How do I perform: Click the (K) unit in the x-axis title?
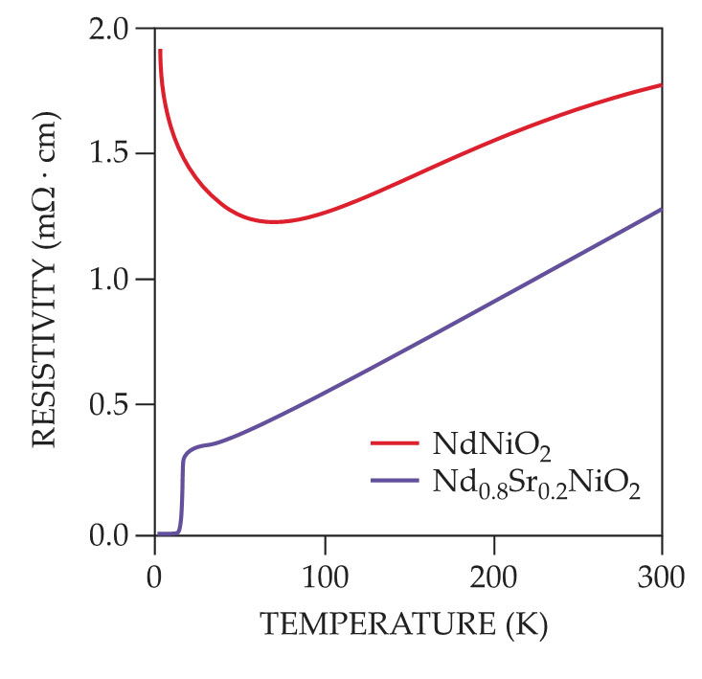tap(527, 627)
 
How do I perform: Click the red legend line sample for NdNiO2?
tap(395, 444)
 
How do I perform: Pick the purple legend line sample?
tap(395, 486)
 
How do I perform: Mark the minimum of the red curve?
tap(274, 222)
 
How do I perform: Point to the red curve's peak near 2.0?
tap(160, 50)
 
